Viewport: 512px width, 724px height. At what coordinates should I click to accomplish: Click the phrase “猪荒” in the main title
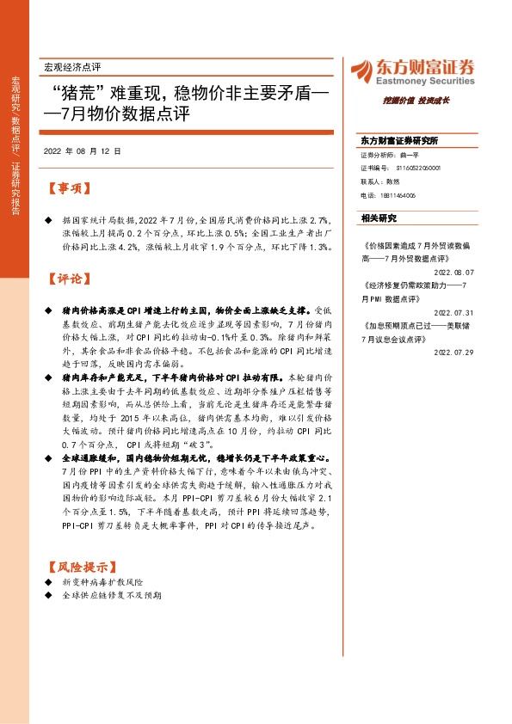(x=79, y=92)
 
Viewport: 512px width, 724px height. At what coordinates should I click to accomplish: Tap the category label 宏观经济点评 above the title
(x=71, y=67)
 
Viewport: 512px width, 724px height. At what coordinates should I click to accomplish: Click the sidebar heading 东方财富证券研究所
(x=399, y=139)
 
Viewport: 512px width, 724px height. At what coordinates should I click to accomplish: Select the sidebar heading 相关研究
(x=379, y=218)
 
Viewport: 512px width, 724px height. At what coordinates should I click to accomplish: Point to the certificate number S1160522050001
(x=410, y=169)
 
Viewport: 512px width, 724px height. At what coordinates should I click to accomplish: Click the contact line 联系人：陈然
(x=379, y=182)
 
